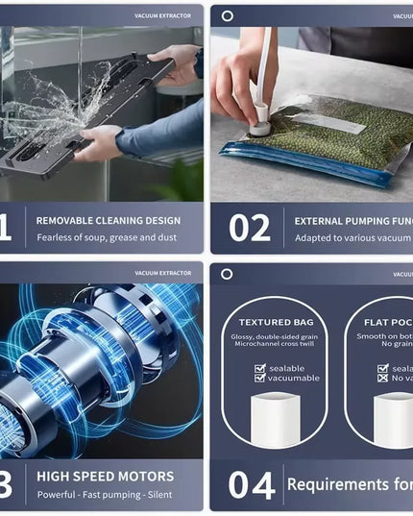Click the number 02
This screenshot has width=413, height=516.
click(x=250, y=228)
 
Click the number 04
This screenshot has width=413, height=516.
click(x=252, y=485)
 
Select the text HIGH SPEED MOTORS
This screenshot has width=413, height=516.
click(x=105, y=476)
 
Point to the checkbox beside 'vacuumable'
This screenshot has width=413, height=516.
click(x=259, y=379)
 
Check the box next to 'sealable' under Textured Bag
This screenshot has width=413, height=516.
click(x=259, y=367)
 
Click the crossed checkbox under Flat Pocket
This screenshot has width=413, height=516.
click(x=382, y=379)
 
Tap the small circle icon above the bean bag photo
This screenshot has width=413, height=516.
click(x=227, y=15)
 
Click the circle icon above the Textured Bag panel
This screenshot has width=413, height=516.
click(x=227, y=274)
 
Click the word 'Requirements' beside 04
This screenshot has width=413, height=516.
click(x=335, y=484)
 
